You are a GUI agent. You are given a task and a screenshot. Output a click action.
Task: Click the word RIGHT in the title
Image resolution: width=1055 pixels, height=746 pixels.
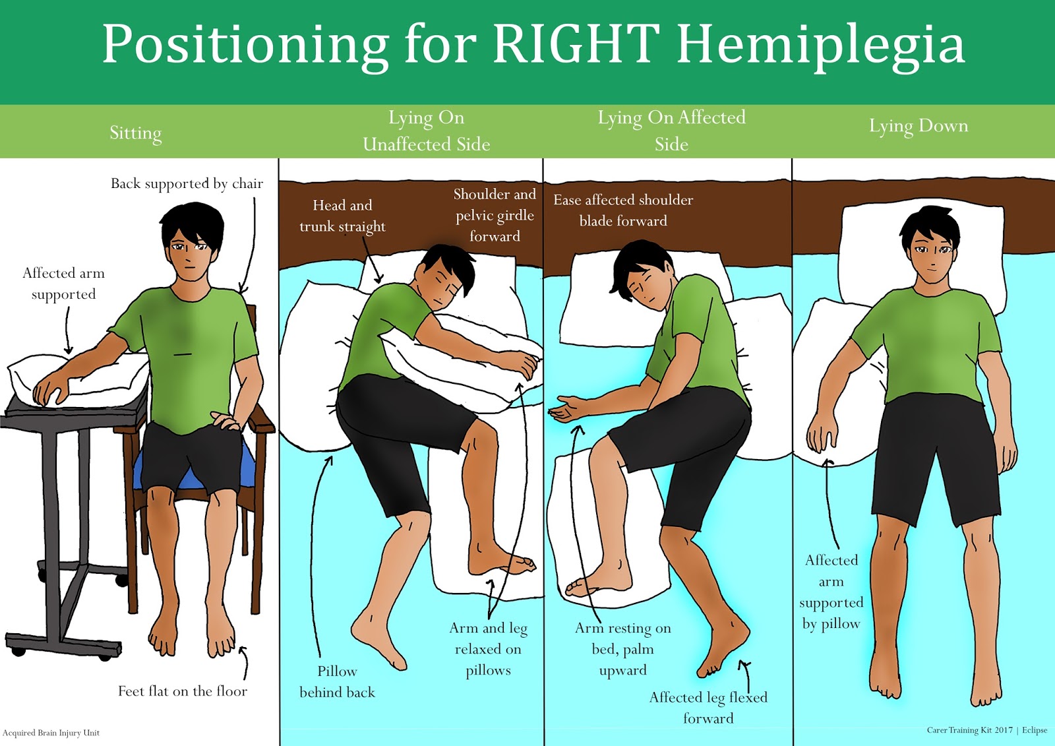coord(576,44)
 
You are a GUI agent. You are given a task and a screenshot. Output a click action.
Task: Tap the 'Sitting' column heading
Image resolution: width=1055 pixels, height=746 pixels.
coord(135,133)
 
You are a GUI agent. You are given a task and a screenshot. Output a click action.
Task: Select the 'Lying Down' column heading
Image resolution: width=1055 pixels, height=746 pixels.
coord(918,126)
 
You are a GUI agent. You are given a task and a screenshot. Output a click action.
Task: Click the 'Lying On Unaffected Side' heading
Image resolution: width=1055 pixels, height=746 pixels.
coord(426,131)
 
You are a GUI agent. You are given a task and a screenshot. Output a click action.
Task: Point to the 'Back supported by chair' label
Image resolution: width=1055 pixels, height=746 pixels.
coord(187,183)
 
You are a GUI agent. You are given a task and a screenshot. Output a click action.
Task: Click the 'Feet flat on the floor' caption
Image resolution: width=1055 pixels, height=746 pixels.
coord(182,691)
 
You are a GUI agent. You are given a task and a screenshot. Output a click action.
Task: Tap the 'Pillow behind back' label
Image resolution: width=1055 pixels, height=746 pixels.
coord(337,681)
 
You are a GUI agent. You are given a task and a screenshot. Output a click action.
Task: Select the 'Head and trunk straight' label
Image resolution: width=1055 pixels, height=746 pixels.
coord(342,216)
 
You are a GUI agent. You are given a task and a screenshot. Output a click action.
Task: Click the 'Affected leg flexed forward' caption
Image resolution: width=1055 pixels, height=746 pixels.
coord(708,707)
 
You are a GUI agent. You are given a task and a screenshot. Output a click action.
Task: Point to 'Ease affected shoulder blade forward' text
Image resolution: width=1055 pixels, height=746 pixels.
coord(623,210)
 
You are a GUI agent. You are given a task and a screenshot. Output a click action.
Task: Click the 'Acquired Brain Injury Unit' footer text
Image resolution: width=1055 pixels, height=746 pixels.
coord(51,733)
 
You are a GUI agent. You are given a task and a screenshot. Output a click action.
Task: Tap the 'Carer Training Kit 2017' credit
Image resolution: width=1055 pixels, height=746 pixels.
coord(969,730)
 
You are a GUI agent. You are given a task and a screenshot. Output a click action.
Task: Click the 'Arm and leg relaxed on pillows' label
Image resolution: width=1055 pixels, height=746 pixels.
coord(488,649)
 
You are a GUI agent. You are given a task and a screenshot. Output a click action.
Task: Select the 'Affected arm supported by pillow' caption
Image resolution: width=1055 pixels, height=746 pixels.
coord(831,592)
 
